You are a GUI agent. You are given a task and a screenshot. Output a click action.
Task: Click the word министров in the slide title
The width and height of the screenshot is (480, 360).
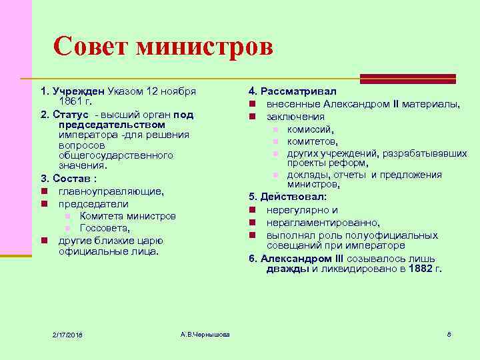point(203,47)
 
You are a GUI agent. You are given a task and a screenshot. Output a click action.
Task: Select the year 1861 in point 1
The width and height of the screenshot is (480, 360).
point(71,101)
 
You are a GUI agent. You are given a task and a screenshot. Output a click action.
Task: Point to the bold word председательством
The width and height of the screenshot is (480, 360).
point(111,125)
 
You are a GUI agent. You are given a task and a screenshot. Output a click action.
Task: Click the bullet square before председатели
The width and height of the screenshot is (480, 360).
point(44,204)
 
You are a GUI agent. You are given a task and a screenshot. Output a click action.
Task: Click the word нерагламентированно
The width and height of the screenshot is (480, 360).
point(323,223)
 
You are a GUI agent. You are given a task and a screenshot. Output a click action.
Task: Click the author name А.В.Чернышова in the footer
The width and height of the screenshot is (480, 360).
point(205,333)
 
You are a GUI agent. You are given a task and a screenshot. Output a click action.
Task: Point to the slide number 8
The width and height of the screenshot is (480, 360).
point(449,333)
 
